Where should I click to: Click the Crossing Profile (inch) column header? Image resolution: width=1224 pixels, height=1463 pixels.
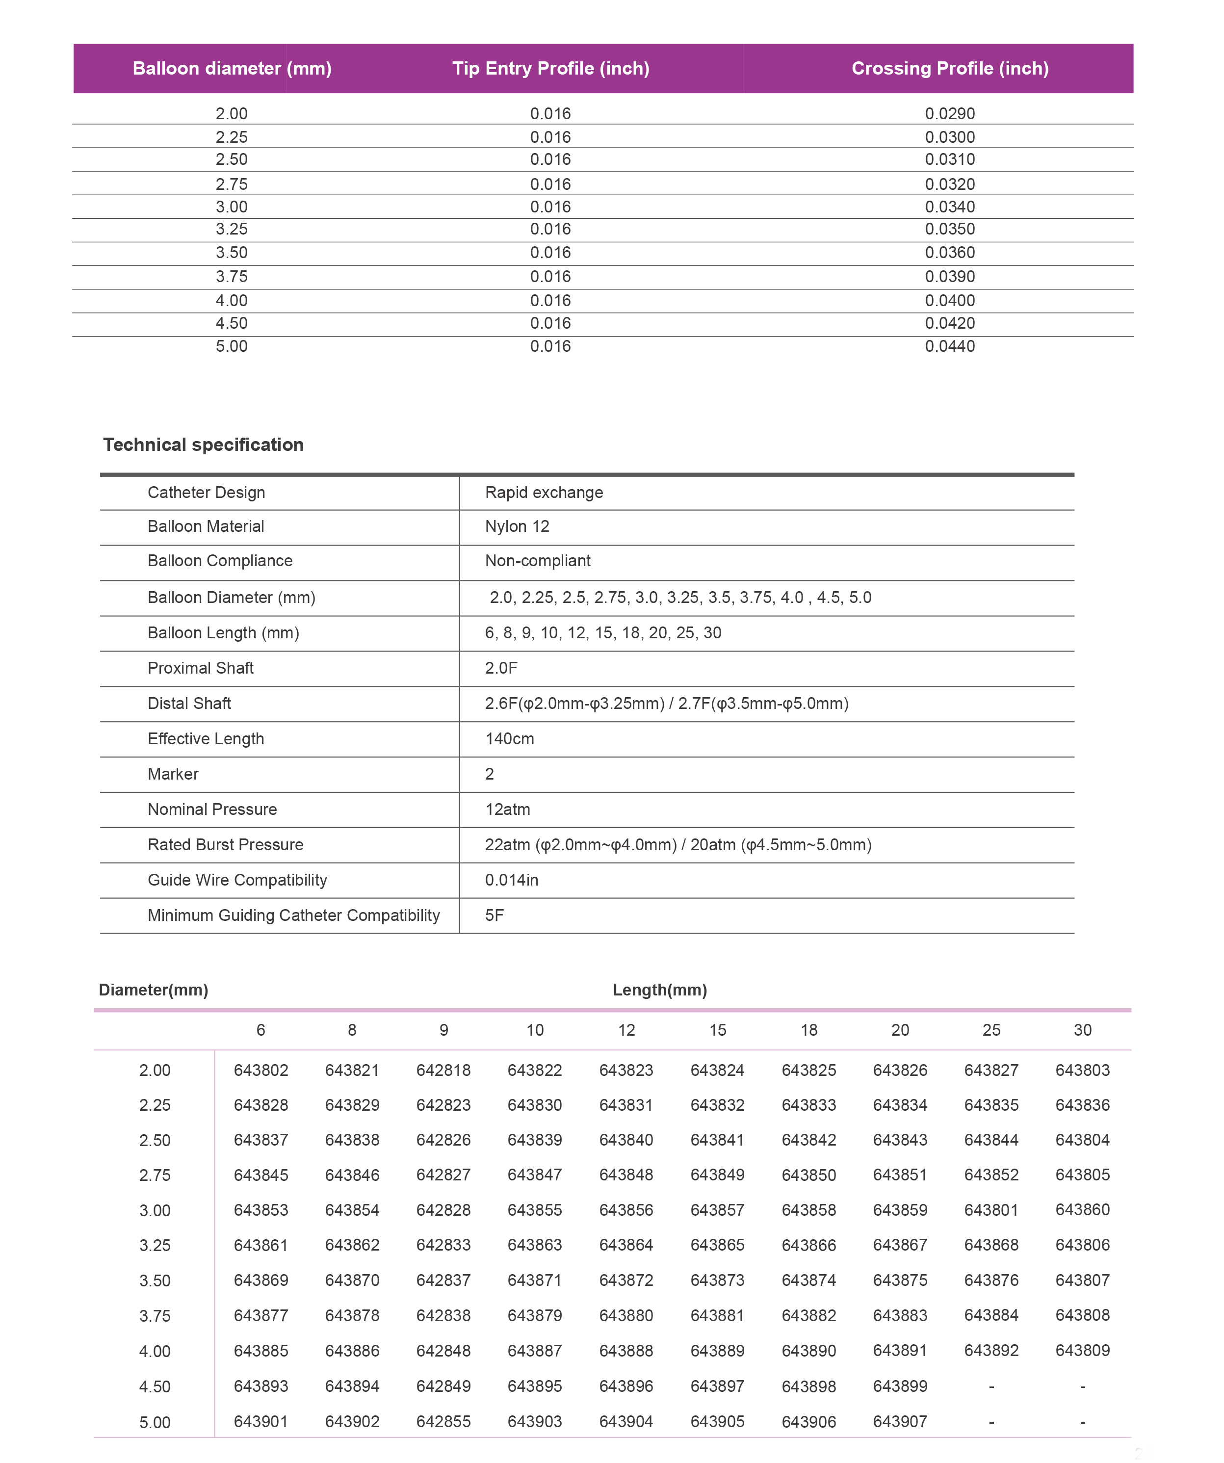tap(950, 68)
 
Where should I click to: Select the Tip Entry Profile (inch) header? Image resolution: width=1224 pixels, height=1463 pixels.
tap(550, 68)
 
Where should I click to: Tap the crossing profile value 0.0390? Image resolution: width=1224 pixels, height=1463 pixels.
tap(950, 277)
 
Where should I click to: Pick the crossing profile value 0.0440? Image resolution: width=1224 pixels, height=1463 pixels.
tap(950, 346)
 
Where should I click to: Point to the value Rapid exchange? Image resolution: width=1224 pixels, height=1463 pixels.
tap(544, 493)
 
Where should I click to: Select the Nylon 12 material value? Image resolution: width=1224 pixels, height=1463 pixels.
tap(517, 527)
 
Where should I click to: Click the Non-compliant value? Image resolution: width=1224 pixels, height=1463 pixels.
tap(537, 561)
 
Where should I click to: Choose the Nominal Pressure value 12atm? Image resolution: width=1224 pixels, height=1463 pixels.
tap(507, 810)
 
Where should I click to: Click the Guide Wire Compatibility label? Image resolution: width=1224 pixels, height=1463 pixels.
tap(237, 880)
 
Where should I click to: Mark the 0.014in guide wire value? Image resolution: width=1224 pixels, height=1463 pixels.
tap(511, 880)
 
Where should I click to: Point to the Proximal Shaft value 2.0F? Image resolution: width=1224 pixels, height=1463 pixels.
tap(501, 668)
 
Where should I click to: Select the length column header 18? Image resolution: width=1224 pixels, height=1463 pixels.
tap(809, 1030)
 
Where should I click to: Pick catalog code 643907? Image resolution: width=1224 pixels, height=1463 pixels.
tap(900, 1421)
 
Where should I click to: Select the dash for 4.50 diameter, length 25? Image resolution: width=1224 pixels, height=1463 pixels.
tap(991, 1386)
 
